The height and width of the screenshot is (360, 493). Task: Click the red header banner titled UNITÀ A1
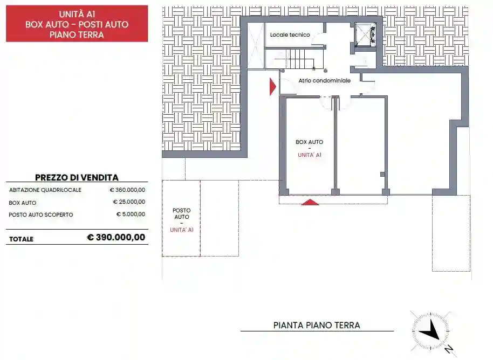click(77, 24)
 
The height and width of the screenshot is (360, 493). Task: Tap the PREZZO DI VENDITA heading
click(77, 177)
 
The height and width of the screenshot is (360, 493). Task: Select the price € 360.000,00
click(127, 190)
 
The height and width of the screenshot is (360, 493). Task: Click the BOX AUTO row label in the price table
click(23, 203)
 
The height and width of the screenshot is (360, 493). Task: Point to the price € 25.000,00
click(129, 202)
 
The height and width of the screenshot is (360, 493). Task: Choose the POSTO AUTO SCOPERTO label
click(41, 214)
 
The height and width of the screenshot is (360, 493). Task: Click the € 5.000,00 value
click(131, 214)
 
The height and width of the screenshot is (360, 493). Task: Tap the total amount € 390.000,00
click(116, 237)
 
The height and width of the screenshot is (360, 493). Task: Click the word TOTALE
click(21, 239)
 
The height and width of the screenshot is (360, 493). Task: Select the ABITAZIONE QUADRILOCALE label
click(45, 190)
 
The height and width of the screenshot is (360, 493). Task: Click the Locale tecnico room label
click(290, 35)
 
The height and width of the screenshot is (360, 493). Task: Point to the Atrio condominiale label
click(324, 80)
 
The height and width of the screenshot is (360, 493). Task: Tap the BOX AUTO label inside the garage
click(309, 142)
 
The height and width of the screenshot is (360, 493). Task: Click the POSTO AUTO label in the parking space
click(181, 213)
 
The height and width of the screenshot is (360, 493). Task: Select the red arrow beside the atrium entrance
click(273, 86)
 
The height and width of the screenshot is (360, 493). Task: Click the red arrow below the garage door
click(310, 202)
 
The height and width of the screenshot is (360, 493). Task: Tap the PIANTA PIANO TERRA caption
click(317, 325)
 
